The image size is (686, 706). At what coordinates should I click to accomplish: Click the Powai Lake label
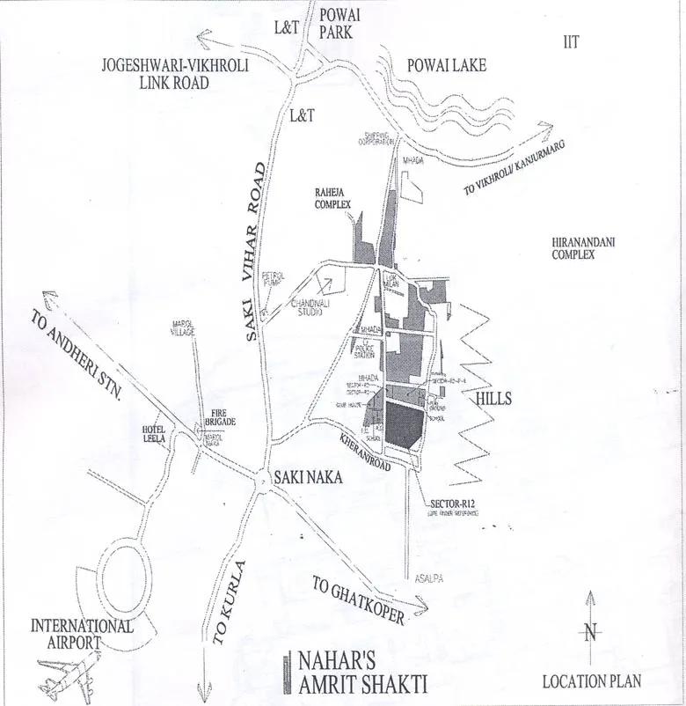[447, 66]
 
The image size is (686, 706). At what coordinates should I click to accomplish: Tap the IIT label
[572, 41]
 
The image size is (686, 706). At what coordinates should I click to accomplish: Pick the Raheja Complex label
[332, 197]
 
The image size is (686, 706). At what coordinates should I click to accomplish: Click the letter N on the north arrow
[591, 631]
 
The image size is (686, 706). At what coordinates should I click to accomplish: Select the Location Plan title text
[591, 680]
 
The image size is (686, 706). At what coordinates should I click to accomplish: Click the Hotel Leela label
[148, 433]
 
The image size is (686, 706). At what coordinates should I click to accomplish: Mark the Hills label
[493, 399]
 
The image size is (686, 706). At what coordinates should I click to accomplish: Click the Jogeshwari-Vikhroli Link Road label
[155, 74]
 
